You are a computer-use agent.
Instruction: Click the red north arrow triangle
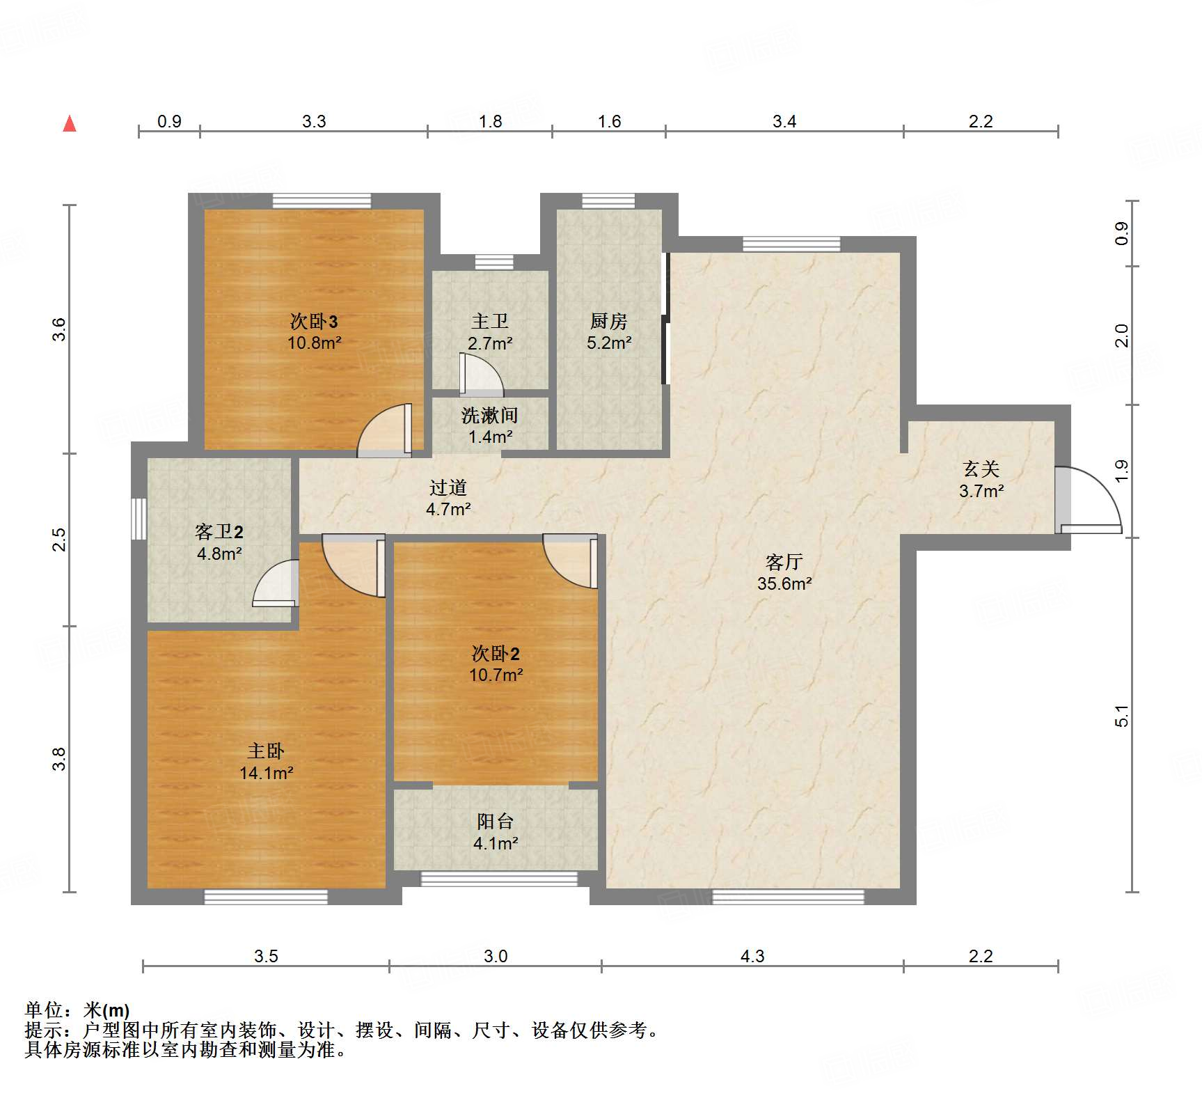click(70, 123)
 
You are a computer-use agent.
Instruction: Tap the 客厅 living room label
click(784, 562)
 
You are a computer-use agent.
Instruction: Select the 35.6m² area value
click(784, 583)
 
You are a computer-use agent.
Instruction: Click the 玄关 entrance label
click(981, 469)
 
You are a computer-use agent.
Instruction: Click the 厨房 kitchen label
click(609, 321)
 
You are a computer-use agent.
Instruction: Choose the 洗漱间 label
click(490, 416)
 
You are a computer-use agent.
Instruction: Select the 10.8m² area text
click(315, 343)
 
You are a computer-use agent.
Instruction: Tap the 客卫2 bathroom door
click(276, 583)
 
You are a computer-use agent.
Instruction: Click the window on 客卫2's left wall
click(139, 519)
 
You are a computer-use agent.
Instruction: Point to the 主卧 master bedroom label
click(266, 751)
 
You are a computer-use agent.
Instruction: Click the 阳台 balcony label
click(496, 822)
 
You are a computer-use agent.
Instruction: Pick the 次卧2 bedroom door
click(570, 561)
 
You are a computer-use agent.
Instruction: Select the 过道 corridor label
click(448, 487)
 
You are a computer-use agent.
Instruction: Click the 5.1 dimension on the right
click(1122, 716)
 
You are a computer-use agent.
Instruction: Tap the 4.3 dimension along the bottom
click(752, 956)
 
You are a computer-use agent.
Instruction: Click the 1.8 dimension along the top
click(490, 121)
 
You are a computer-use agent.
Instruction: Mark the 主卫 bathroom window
click(494, 262)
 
